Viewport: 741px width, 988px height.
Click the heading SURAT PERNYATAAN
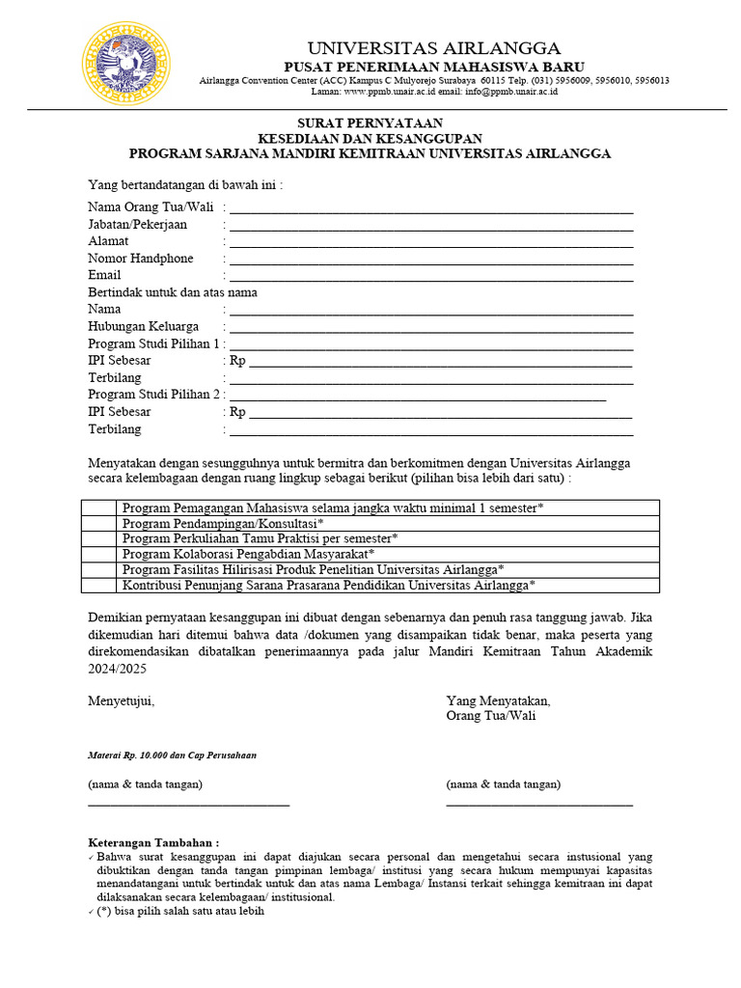[x=370, y=123]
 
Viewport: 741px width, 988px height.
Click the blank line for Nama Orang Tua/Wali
[x=430, y=209]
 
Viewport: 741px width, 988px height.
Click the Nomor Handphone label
[x=140, y=259]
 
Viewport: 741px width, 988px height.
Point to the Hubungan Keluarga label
[x=143, y=326]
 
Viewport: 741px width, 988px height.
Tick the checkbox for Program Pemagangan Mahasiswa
[x=98, y=508]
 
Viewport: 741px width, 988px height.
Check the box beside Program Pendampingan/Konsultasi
[x=98, y=523]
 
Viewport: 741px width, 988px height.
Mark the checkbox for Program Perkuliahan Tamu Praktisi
[x=98, y=538]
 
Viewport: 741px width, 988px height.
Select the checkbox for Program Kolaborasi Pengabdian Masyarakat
[x=98, y=554]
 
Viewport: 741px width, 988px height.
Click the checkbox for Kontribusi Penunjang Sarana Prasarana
[x=98, y=585]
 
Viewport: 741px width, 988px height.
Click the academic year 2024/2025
[x=114, y=668]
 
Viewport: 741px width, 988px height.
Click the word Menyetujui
[x=121, y=700]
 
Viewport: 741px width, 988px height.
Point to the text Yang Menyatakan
[x=498, y=700]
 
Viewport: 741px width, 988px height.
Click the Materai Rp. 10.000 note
[x=172, y=755]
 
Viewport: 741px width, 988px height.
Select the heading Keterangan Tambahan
[x=153, y=842]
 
